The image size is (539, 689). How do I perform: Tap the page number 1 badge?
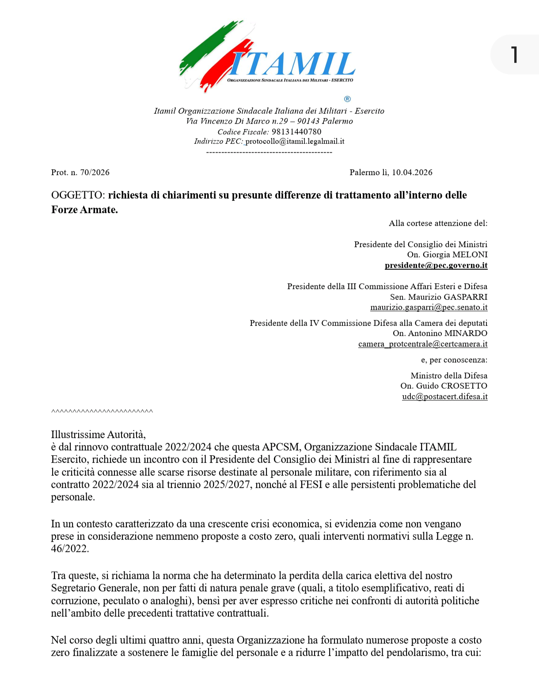point(514,55)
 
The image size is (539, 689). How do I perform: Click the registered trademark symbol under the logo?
point(347,99)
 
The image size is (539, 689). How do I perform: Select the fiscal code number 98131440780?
point(296,132)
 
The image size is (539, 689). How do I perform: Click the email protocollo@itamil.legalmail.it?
point(295,141)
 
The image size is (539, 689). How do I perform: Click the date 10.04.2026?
point(412,172)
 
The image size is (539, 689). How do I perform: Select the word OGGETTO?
point(78,195)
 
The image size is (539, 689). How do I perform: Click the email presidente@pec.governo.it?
point(436,265)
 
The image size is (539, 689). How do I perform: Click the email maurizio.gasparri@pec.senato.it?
point(429,307)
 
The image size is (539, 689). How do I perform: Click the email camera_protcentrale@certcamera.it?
point(423,344)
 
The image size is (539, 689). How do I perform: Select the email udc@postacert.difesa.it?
point(444,396)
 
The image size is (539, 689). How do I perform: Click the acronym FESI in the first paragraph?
point(311,484)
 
